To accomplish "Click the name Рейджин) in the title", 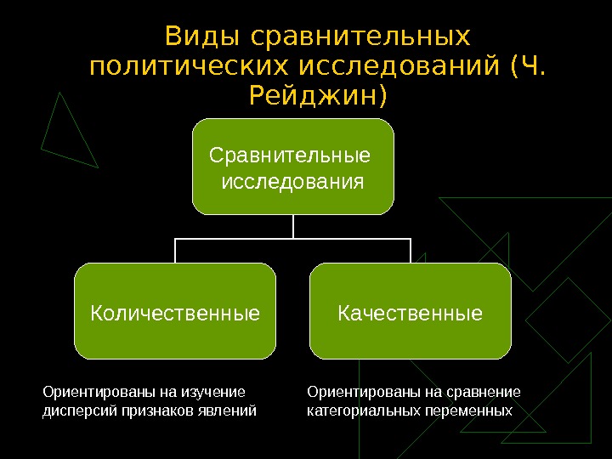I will (x=319, y=96).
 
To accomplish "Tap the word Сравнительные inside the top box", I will (x=290, y=156).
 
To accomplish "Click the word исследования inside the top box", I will (x=292, y=181).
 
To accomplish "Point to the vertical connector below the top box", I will (x=293, y=226).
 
